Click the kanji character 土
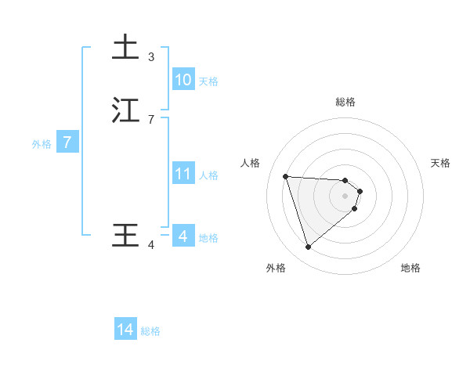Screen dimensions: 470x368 point(125,47)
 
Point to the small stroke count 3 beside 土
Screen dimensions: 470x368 point(151,56)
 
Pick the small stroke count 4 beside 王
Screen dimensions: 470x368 point(151,245)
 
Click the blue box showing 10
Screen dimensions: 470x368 point(183,79)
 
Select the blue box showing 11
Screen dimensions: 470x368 point(183,173)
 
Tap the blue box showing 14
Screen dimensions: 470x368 point(125,330)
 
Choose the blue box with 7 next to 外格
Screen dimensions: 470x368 point(68,143)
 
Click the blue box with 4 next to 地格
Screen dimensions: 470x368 point(183,236)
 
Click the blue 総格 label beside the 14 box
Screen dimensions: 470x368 point(150,331)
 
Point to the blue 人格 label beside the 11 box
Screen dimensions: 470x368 point(209,175)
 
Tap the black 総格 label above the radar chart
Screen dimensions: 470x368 point(345,102)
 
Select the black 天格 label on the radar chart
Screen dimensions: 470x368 point(440,163)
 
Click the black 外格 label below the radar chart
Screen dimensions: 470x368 point(276,268)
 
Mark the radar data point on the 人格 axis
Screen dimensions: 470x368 point(286,176)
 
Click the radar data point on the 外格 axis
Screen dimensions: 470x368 point(309,247)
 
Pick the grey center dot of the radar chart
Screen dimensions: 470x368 point(345,196)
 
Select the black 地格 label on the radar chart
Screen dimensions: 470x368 point(410,268)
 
